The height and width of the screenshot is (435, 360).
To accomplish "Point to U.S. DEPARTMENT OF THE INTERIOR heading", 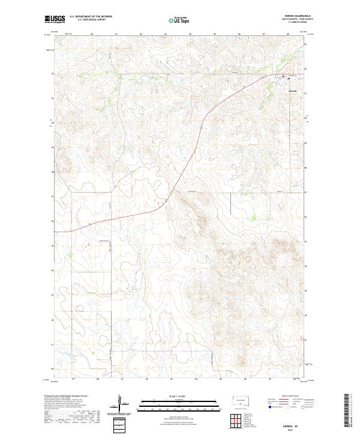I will pyautogui.click(x=91, y=16).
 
